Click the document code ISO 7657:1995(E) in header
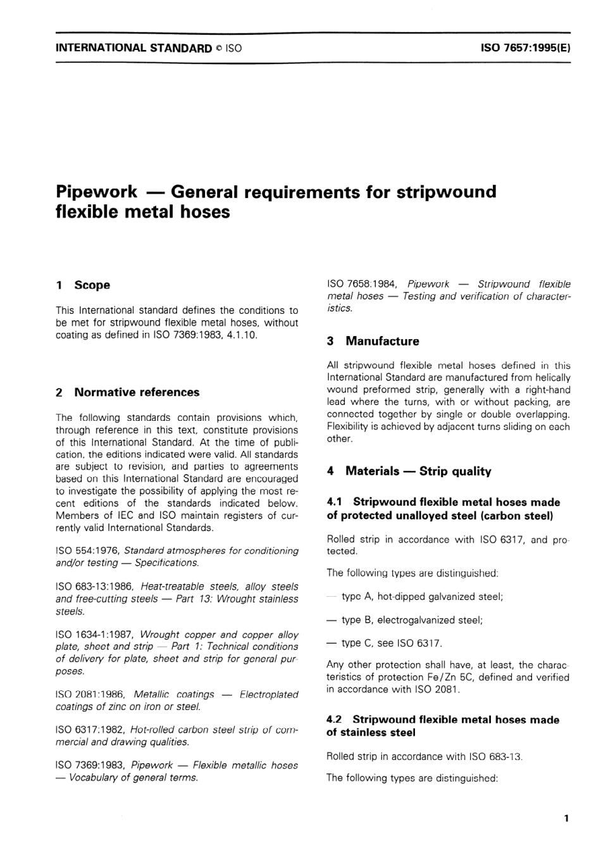coord(525,47)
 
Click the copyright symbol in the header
coord(218,48)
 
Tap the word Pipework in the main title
coord(96,192)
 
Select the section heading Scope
coord(92,285)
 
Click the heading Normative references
coord(137,392)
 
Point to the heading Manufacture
coord(382,341)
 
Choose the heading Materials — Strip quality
coord(418,471)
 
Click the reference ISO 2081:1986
coord(92,694)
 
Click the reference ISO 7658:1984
coord(362,284)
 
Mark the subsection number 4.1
coord(335,502)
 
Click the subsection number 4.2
coord(334,720)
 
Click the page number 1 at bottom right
coord(566,818)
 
